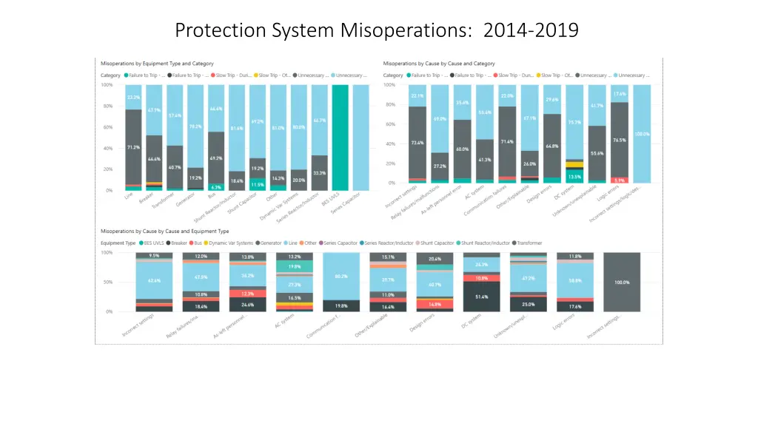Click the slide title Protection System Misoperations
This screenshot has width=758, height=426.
pos(377,30)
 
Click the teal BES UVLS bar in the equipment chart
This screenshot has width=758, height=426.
pos(340,138)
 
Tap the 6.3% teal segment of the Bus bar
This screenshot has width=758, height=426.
pos(216,187)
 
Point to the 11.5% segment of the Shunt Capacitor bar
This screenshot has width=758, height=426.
pos(258,184)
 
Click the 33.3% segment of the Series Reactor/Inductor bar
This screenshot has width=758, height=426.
pos(319,172)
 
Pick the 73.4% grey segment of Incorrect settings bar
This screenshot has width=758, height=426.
pos(417,142)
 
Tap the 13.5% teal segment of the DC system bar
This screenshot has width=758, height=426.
pos(574,177)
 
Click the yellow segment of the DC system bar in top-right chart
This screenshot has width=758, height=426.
pos(574,165)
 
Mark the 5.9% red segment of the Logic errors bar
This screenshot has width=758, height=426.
pos(620,180)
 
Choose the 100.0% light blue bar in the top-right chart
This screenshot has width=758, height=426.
pos(642,134)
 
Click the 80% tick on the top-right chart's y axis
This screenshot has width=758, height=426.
pos(389,104)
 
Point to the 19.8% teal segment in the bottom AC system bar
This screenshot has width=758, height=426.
pos(295,266)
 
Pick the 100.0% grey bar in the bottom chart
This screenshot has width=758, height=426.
pos(622,282)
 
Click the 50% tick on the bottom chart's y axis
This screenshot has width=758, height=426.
pos(107,282)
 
